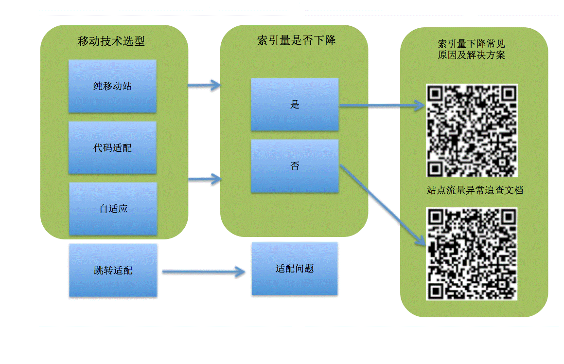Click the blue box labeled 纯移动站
click(112, 87)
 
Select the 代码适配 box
click(112, 148)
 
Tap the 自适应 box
click(113, 209)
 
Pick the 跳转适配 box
click(113, 271)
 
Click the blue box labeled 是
click(295, 104)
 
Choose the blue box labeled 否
click(295, 166)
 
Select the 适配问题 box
click(295, 269)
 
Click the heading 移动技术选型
click(111, 41)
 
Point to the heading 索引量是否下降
click(296, 40)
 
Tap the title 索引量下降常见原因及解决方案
click(471, 49)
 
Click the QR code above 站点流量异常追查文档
click(472, 130)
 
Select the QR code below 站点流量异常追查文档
click(472, 254)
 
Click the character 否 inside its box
click(295, 166)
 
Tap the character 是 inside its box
click(295, 104)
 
